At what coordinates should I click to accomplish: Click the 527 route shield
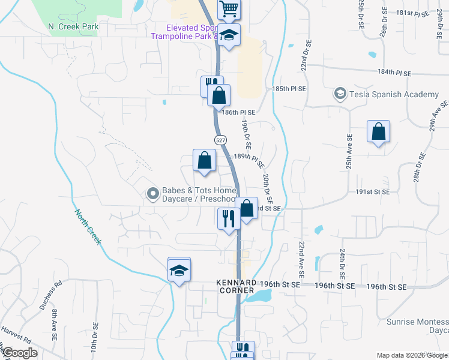(220, 139)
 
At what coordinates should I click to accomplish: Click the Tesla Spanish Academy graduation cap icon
(340, 94)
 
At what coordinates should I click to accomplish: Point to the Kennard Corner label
(237, 286)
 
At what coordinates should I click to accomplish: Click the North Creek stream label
(88, 226)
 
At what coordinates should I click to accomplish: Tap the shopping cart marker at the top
(229, 9)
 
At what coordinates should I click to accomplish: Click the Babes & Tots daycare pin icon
(152, 193)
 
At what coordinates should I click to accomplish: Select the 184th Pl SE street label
(394, 73)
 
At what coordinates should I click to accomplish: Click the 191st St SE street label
(373, 192)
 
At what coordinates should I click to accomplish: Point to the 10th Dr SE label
(94, 340)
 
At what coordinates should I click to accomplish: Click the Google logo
(20, 353)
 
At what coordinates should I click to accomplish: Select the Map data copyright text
(411, 355)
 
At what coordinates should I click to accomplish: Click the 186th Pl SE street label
(238, 112)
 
